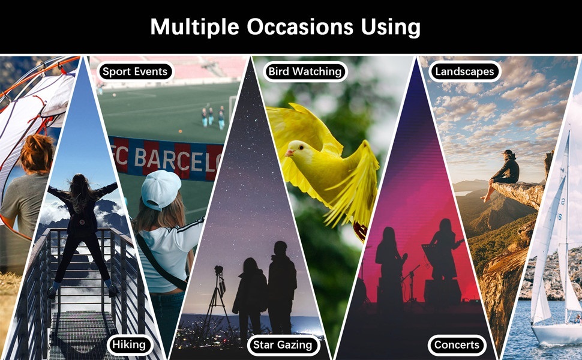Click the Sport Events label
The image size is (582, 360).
point(135,71)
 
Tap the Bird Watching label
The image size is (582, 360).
point(305,71)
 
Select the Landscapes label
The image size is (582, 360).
point(464,71)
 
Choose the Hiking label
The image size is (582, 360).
point(129,345)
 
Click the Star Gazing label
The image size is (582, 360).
point(283,345)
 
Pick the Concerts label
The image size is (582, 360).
point(457,345)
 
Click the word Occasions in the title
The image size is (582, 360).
point(300,27)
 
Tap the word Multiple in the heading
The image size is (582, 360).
point(194,28)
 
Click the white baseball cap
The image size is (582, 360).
point(160,190)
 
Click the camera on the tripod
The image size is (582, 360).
point(218,270)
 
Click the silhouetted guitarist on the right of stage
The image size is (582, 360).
point(444,248)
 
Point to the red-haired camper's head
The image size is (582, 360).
point(37,154)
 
